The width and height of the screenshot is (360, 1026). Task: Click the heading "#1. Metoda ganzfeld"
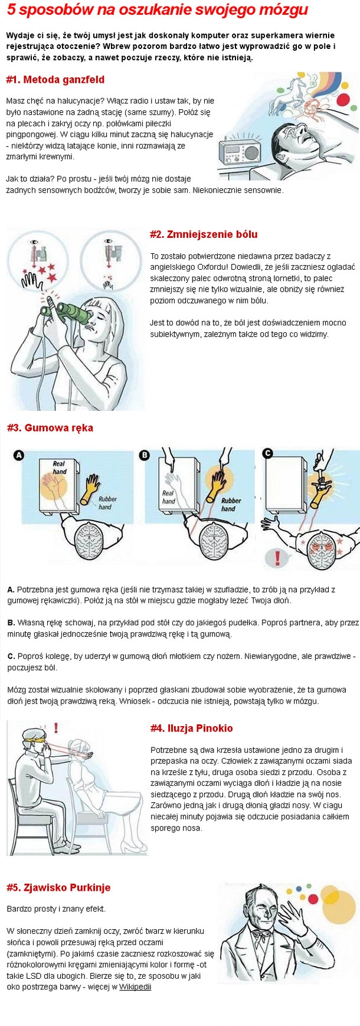tap(55, 80)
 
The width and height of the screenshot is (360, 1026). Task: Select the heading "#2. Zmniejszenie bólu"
tap(204, 234)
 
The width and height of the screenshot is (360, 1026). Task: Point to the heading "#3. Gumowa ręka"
tap(50, 427)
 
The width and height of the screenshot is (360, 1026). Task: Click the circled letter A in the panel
tap(19, 455)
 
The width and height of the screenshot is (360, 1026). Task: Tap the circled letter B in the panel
tap(145, 455)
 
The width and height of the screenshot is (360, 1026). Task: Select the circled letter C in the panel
tap(267, 453)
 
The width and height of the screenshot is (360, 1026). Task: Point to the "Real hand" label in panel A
tap(59, 468)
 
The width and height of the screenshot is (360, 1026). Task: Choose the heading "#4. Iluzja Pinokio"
tap(191, 728)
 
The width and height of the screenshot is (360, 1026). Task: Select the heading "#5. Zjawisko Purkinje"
tap(58, 887)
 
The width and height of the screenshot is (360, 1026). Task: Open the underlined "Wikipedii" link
tap(135, 986)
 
